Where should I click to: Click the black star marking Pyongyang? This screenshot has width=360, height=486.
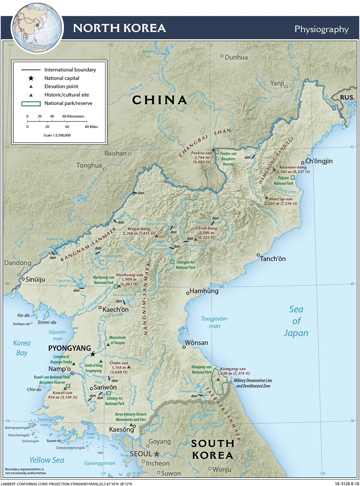(x=93, y=354)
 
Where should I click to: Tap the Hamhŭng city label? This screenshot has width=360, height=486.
(x=204, y=291)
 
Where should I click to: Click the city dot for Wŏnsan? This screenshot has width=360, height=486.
(x=184, y=347)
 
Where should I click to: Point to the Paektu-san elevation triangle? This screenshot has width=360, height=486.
(x=213, y=150)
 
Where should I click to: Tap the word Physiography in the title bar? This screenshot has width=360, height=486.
(x=321, y=29)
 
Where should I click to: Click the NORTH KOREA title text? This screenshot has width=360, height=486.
(x=119, y=28)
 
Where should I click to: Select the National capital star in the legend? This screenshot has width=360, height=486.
(x=31, y=78)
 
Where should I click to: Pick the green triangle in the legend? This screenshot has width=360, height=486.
(x=31, y=95)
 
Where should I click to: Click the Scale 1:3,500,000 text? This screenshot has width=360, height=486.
(x=57, y=135)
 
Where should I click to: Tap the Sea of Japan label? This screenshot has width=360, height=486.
(x=296, y=321)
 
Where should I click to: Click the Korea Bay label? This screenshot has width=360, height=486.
(x=22, y=348)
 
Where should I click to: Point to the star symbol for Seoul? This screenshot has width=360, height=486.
(x=157, y=454)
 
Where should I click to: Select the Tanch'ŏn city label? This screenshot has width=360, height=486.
(x=273, y=259)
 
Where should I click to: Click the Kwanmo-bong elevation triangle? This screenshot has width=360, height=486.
(x=274, y=169)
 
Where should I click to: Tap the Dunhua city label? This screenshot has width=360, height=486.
(x=236, y=57)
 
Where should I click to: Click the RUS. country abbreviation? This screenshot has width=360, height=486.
(x=347, y=97)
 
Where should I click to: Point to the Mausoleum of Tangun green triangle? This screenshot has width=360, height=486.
(x=108, y=345)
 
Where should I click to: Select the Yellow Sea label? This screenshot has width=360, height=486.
(x=46, y=460)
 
